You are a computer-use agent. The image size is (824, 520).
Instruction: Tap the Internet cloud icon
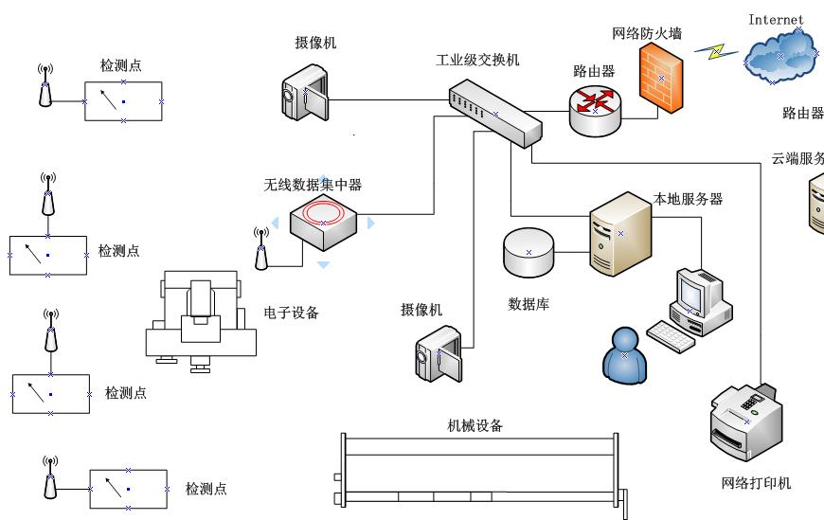click(x=781, y=55)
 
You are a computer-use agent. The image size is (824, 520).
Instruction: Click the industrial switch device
click(x=495, y=113)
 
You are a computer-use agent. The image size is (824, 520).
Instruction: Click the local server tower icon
click(x=620, y=233)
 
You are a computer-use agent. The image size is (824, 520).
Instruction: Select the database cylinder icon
click(x=528, y=251)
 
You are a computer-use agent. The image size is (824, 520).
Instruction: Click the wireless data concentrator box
click(x=323, y=222)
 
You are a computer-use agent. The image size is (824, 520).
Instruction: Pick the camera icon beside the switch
click(x=305, y=92)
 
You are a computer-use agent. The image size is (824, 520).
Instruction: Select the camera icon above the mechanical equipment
click(x=438, y=356)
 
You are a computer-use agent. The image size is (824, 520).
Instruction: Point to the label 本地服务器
click(x=689, y=199)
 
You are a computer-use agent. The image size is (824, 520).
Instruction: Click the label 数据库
click(x=528, y=304)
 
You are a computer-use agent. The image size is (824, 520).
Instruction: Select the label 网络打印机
click(x=755, y=483)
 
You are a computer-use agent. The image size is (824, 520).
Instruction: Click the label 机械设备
click(x=475, y=425)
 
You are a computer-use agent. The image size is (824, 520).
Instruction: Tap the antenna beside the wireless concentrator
click(x=261, y=248)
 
